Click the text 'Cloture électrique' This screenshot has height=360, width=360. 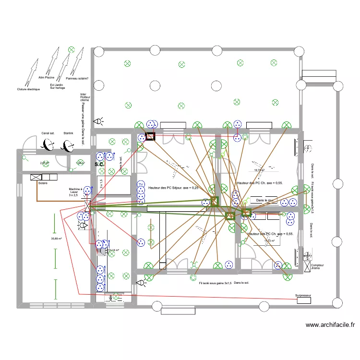click(x=28, y=89)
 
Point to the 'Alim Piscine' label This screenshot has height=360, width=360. click(x=46, y=76)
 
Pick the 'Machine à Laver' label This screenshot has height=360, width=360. click(x=75, y=192)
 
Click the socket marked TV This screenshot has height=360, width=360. click(x=141, y=185)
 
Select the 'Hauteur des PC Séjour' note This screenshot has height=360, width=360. click(x=173, y=188)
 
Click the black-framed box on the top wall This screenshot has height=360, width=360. click(x=150, y=137)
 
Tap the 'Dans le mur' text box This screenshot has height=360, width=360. click(x=264, y=200)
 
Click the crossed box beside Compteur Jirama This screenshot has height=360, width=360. click(x=306, y=265)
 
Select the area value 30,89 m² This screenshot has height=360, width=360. click(x=58, y=239)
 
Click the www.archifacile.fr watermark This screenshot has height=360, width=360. click(x=330, y=325)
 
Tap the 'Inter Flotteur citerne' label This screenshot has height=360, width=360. click(x=84, y=97)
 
